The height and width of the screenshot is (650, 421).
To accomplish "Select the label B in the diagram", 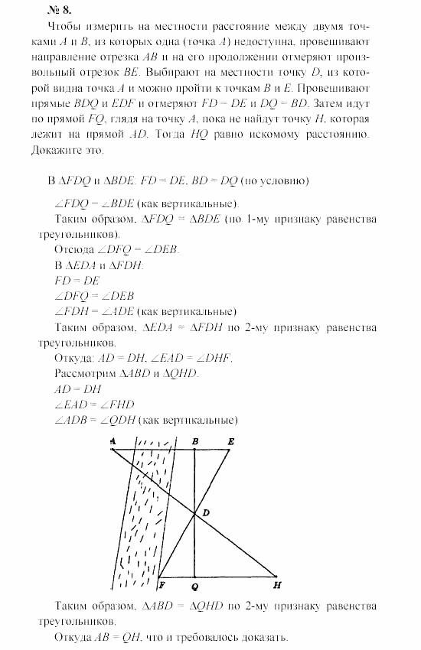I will tap(195, 441).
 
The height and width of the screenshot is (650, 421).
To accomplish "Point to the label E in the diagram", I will tap(230, 441).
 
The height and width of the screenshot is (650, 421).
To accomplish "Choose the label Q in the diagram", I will tap(195, 587).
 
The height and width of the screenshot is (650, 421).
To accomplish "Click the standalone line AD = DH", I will tap(77, 388).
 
